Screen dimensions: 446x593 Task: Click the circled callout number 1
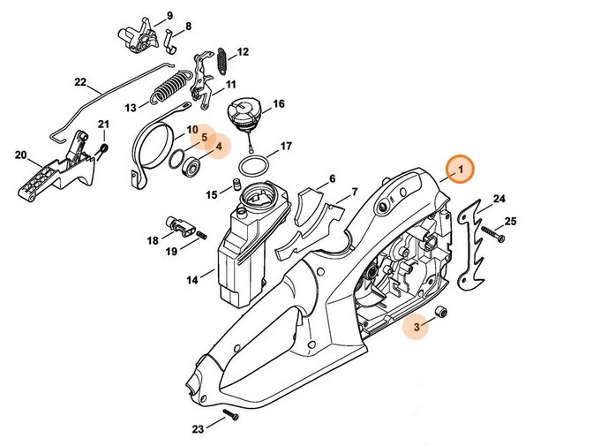(458, 167)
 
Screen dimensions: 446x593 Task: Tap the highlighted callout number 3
(417, 329)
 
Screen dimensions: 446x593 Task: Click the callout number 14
(192, 281)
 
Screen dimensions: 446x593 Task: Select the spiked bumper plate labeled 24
(473, 231)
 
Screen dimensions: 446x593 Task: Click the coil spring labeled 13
(169, 91)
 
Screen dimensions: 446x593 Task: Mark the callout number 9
(169, 15)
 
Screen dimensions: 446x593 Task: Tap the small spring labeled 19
(199, 233)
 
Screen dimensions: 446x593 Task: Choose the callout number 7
(354, 192)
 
